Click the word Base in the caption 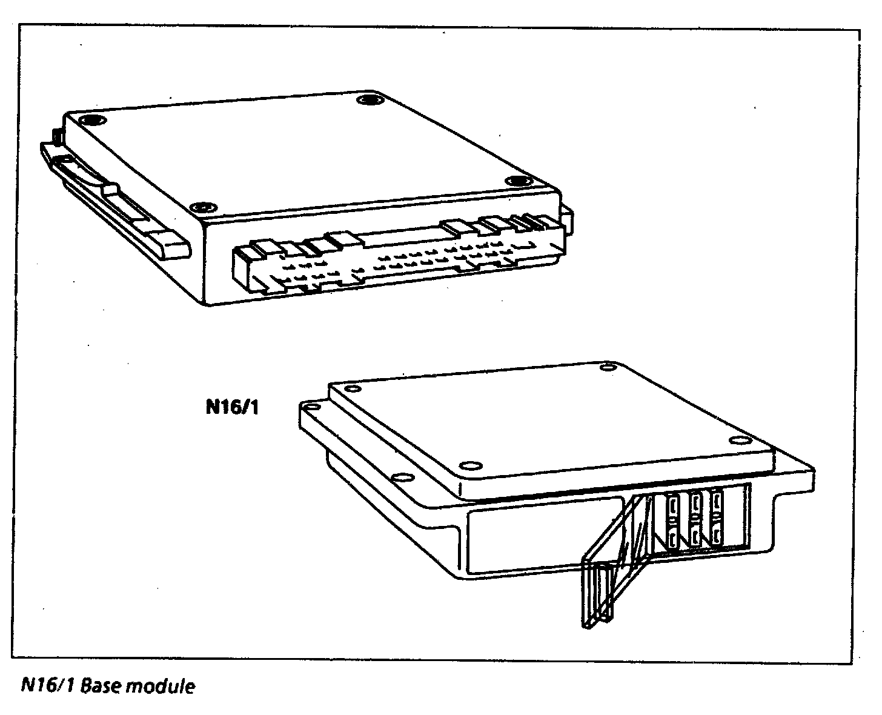(101, 687)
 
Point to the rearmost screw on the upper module (368, 99)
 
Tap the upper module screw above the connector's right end (519, 181)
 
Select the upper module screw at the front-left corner (204, 207)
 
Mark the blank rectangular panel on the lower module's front (545, 540)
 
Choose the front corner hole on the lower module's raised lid (468, 465)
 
